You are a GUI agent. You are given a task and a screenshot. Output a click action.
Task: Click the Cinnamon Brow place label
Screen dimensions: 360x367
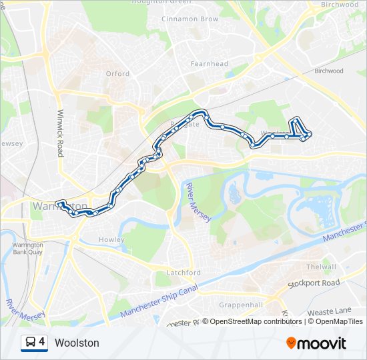pyautogui.click(x=190, y=19)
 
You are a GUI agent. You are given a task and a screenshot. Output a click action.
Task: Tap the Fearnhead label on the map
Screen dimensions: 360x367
pyautogui.click(x=210, y=64)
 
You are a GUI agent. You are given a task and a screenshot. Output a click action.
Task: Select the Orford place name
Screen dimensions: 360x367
pyautogui.click(x=117, y=74)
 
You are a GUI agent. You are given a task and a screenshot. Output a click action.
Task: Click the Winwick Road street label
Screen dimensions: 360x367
pyautogui.click(x=61, y=133)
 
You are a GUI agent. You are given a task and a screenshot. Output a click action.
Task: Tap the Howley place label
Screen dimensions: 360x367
pyautogui.click(x=111, y=239)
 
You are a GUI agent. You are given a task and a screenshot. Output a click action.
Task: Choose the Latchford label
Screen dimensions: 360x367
pyautogui.click(x=183, y=273)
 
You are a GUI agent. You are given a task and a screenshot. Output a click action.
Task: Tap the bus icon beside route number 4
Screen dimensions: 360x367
pyautogui.click(x=30, y=343)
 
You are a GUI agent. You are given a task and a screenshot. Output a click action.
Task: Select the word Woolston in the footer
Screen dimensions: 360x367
pyautogui.click(x=77, y=343)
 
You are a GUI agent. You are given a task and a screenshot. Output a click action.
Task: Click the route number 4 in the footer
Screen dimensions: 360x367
pyautogui.click(x=42, y=343)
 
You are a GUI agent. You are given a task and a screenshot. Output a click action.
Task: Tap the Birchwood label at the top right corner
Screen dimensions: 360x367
pyautogui.click(x=340, y=4)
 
